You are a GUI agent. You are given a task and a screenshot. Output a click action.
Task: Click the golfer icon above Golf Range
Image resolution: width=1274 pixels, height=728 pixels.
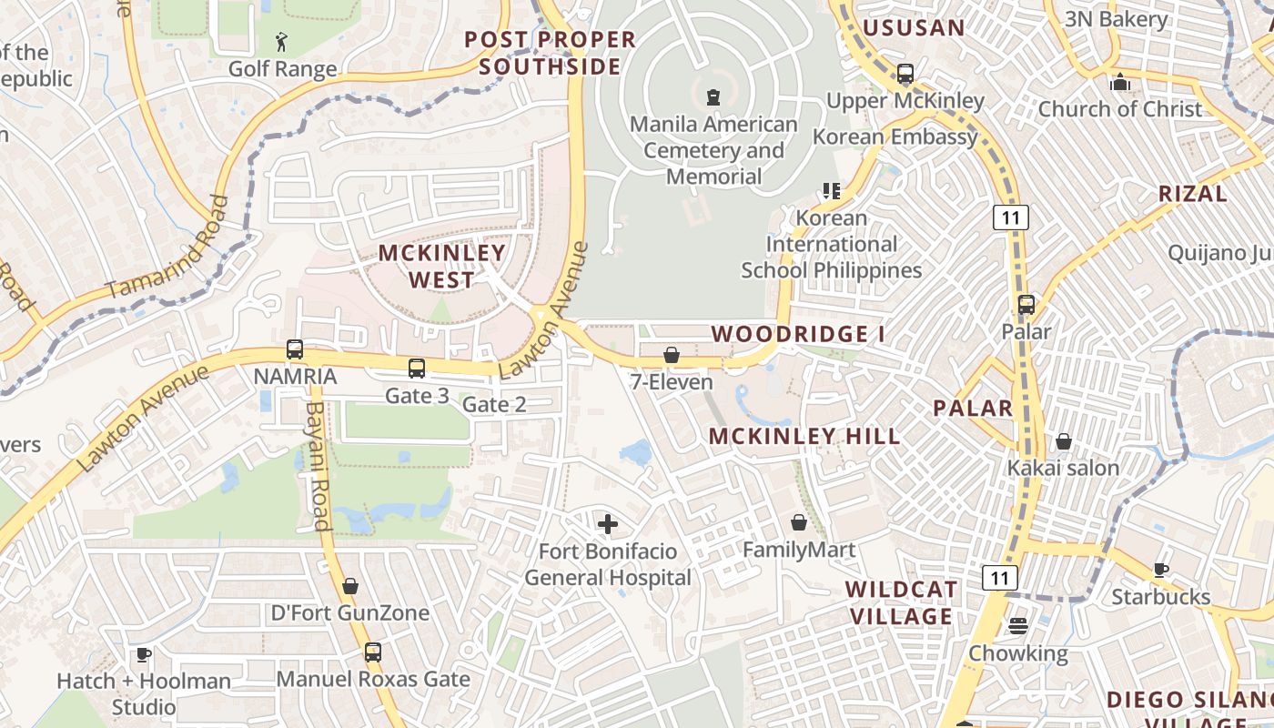[x=281, y=42]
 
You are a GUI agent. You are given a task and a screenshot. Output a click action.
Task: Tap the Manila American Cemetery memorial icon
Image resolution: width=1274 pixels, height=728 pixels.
[x=713, y=96]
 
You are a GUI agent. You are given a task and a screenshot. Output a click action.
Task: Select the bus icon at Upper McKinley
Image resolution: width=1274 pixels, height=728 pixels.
[x=905, y=74]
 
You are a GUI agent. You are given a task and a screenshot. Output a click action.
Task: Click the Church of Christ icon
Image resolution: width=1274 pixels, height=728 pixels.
[x=1120, y=83]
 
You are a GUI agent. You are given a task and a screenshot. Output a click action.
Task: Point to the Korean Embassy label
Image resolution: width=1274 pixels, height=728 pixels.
[x=895, y=136]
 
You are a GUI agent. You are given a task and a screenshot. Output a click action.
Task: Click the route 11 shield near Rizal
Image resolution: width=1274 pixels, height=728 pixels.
[x=1010, y=217]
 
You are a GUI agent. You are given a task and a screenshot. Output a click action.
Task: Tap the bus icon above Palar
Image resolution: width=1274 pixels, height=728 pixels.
[x=1026, y=305]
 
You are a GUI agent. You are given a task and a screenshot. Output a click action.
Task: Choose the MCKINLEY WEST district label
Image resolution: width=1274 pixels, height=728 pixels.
[x=441, y=266]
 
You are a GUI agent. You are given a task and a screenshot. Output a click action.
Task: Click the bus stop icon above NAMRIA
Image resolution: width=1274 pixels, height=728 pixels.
[x=295, y=349]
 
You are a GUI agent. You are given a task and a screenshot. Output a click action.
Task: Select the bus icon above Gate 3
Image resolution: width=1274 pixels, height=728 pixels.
[x=416, y=369]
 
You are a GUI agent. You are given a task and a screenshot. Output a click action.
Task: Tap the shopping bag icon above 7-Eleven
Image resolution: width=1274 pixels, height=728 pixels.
[x=672, y=355]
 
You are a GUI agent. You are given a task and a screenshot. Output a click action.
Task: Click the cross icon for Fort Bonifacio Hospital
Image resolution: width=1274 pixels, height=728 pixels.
[x=607, y=524]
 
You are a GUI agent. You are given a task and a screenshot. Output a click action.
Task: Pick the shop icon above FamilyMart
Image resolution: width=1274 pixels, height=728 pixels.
[x=799, y=522]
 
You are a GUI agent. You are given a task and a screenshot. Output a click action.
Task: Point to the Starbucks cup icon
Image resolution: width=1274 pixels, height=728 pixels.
[x=1160, y=571]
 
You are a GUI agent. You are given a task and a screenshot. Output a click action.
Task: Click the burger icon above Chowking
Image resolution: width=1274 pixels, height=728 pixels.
[x=1017, y=626]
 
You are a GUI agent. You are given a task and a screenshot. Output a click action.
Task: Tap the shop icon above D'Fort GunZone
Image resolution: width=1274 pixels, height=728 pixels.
[x=350, y=586]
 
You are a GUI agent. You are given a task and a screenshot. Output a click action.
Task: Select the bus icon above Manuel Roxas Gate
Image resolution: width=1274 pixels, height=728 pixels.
[x=372, y=652]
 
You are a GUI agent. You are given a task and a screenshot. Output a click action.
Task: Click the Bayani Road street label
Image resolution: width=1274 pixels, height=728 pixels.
[x=317, y=466]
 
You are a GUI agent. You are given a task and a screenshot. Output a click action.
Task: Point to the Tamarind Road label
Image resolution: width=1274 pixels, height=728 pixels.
[x=168, y=248]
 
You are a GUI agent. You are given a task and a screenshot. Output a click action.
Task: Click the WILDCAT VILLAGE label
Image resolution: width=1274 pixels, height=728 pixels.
[x=901, y=602]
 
